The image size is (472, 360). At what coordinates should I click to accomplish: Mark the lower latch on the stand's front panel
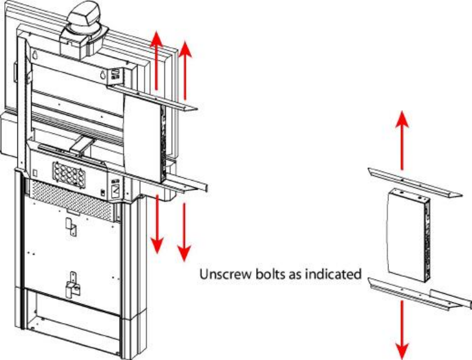[x=72, y=281]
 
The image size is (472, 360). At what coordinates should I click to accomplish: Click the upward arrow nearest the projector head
[x=157, y=61]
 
